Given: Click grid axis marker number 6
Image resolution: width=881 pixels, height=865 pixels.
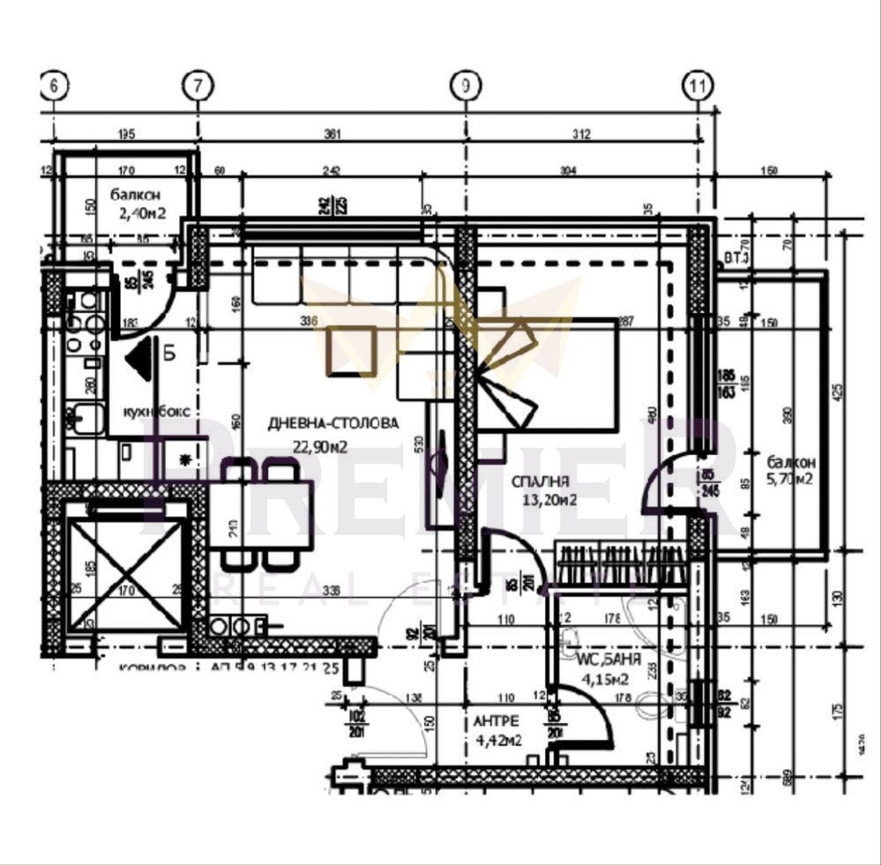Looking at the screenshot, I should [x=55, y=86].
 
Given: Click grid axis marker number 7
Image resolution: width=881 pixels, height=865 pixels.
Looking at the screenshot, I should [x=198, y=86].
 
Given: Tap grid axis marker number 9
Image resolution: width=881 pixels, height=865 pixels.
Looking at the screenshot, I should [x=465, y=86].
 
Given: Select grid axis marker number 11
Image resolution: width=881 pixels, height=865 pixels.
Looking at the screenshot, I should [x=698, y=86].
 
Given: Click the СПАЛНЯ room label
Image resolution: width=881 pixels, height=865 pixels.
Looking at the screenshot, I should [x=540, y=481].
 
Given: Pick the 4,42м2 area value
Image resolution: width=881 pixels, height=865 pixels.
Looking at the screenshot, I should [x=498, y=740].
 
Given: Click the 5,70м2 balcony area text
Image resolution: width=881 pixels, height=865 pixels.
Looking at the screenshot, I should [x=789, y=480].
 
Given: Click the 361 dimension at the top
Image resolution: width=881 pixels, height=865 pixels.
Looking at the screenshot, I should [x=332, y=134].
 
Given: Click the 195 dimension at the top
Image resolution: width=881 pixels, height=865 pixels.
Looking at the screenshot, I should [x=125, y=134].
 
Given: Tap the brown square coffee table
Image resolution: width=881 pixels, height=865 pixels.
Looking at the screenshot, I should [x=353, y=350].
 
